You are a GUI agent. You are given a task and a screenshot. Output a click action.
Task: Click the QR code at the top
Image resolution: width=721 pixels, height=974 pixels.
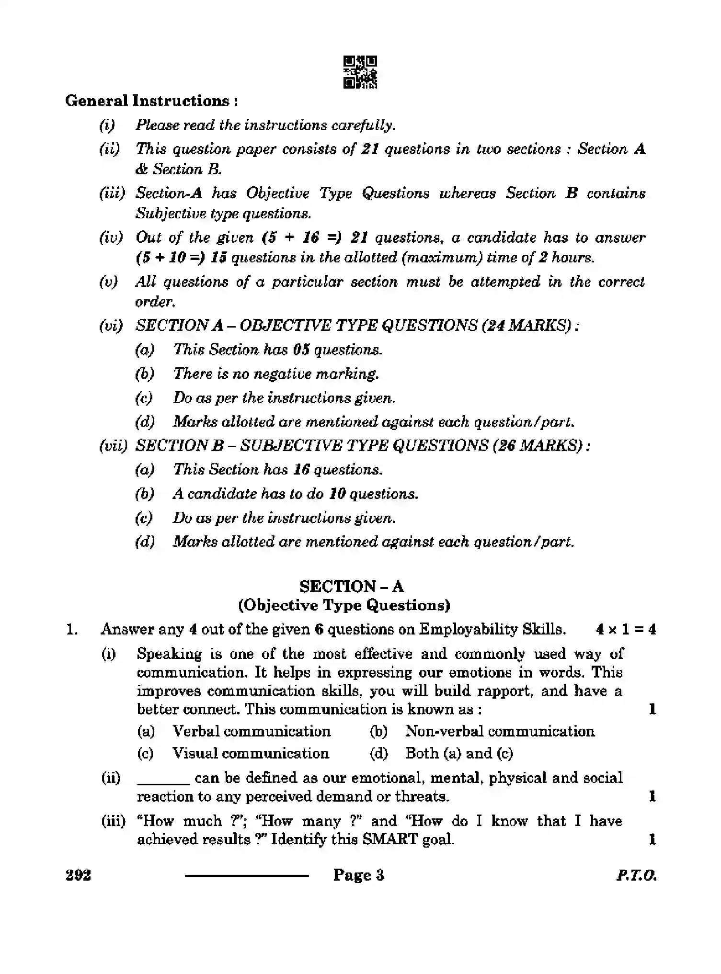[x=360, y=72]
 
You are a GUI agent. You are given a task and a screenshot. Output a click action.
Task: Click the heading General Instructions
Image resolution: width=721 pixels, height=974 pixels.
[x=151, y=101]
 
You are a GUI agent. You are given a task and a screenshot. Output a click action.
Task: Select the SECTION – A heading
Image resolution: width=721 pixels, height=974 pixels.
[x=351, y=586]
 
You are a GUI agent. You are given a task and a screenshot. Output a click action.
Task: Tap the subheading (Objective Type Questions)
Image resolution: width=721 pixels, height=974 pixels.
[x=344, y=605]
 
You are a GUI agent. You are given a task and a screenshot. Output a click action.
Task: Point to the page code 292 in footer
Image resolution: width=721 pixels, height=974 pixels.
[x=79, y=875]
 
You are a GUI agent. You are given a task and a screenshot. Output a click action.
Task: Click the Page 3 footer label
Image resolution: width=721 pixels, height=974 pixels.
[x=359, y=875]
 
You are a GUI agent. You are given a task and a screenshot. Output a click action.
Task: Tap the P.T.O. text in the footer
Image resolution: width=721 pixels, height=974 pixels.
[x=636, y=875]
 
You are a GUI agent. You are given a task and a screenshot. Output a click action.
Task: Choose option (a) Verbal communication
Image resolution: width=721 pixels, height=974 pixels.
[x=251, y=731]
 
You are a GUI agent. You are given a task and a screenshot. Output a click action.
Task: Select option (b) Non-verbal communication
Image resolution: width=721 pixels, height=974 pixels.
[x=499, y=731]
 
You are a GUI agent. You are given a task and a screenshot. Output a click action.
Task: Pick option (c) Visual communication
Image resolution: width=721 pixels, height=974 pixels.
[x=250, y=753]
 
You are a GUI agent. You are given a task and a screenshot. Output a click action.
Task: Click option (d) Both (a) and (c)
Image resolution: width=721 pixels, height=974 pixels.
[x=458, y=753]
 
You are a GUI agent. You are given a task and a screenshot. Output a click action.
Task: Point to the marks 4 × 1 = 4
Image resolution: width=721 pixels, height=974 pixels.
[x=625, y=629]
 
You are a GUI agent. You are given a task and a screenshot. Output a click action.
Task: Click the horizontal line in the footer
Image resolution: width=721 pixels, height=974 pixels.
[x=247, y=876]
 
